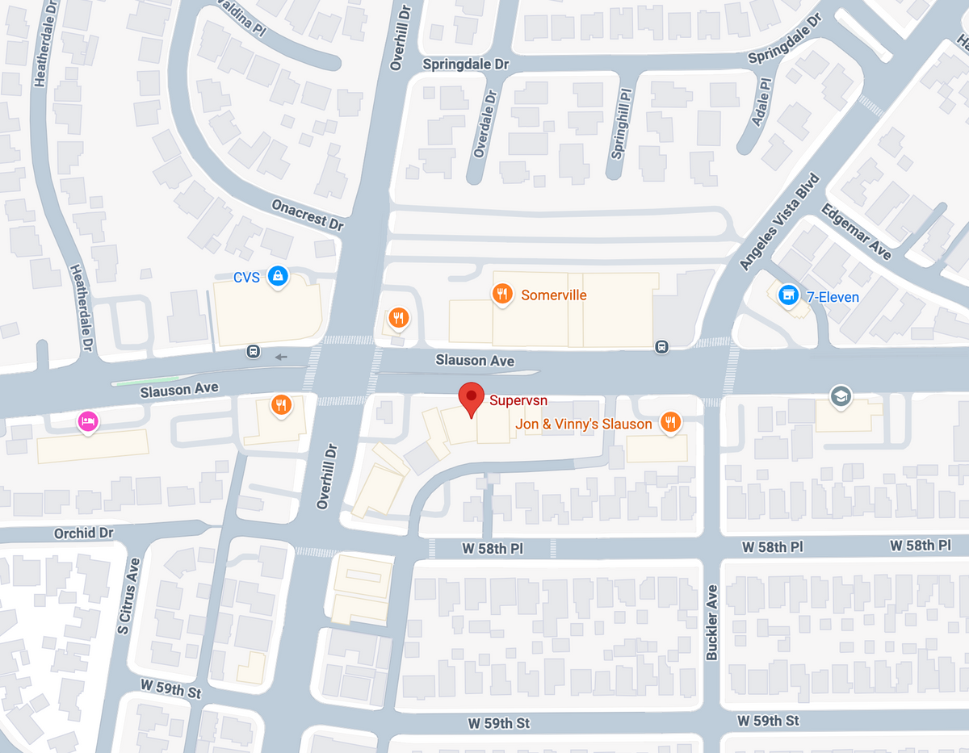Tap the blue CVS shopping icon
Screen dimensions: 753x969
278,277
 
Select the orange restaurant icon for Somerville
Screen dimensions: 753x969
502,294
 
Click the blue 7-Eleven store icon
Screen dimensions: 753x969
787,295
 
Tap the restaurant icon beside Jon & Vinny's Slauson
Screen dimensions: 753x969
669,422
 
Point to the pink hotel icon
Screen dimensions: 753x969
88,420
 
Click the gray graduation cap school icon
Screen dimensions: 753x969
841,395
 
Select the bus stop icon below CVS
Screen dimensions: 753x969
254,352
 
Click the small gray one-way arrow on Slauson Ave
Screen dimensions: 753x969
281,357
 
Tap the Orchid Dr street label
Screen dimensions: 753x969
84,533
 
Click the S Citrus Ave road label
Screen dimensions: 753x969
125,596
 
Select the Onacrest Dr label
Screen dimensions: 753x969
308,215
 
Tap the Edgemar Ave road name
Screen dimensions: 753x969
856,232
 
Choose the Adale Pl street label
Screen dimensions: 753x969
761,101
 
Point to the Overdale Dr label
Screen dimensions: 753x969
484,123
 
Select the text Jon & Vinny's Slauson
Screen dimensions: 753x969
584,424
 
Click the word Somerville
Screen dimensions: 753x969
554,295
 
